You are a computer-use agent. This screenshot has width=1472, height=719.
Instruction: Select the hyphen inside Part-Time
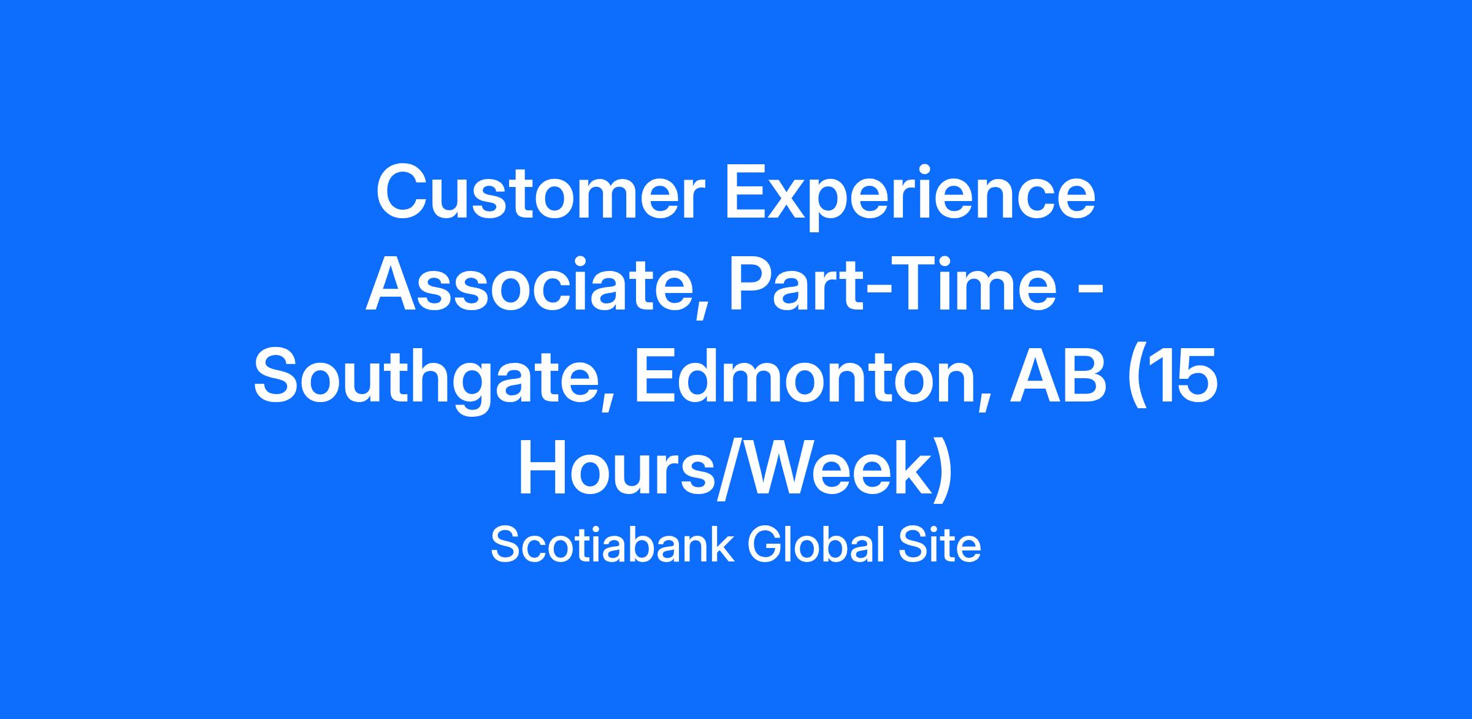pos(883,294)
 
